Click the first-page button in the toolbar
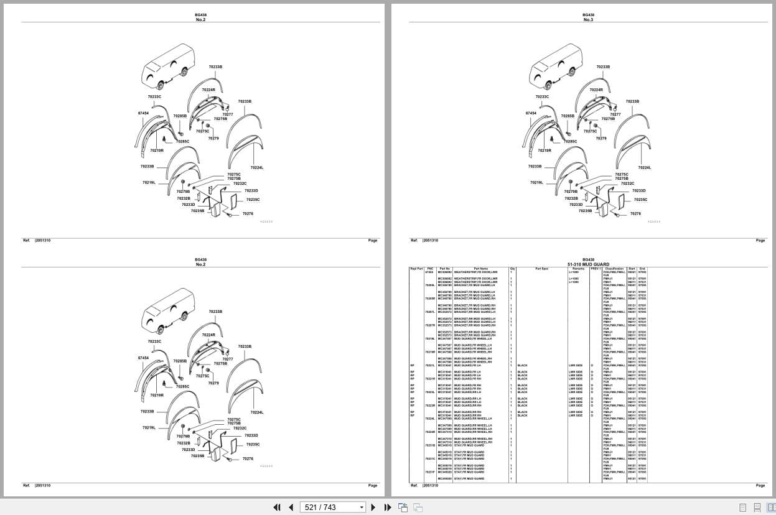[x=277, y=508]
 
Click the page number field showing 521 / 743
[x=332, y=508]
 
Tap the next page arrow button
[x=373, y=508]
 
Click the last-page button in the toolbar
[x=388, y=508]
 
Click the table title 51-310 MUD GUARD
[x=588, y=264]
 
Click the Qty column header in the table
[x=512, y=269]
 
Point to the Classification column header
[x=614, y=269]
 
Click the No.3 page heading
[x=588, y=20]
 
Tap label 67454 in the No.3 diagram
[x=531, y=113]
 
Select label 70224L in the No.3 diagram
[x=645, y=167]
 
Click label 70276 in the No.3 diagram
[x=635, y=213]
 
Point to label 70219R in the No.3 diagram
[x=545, y=151]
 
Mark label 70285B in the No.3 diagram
[x=568, y=116]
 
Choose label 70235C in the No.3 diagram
[x=640, y=200]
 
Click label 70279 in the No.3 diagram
[x=601, y=138]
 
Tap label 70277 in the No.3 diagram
[x=615, y=114]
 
